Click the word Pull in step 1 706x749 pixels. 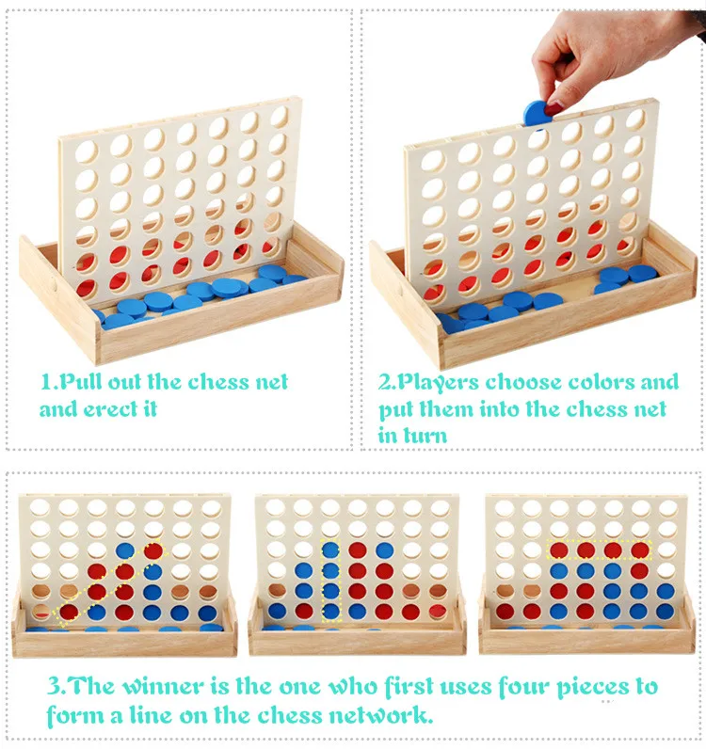(82, 382)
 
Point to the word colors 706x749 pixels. (602, 382)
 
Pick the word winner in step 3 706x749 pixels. (165, 686)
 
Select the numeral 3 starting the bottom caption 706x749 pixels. (54, 686)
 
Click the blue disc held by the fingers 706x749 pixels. (538, 114)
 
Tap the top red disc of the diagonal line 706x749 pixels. (153, 551)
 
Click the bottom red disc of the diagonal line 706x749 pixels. (69, 612)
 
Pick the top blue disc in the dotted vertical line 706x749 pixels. (330, 550)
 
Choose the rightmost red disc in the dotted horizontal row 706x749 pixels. (640, 550)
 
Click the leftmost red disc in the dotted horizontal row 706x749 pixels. (559, 550)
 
